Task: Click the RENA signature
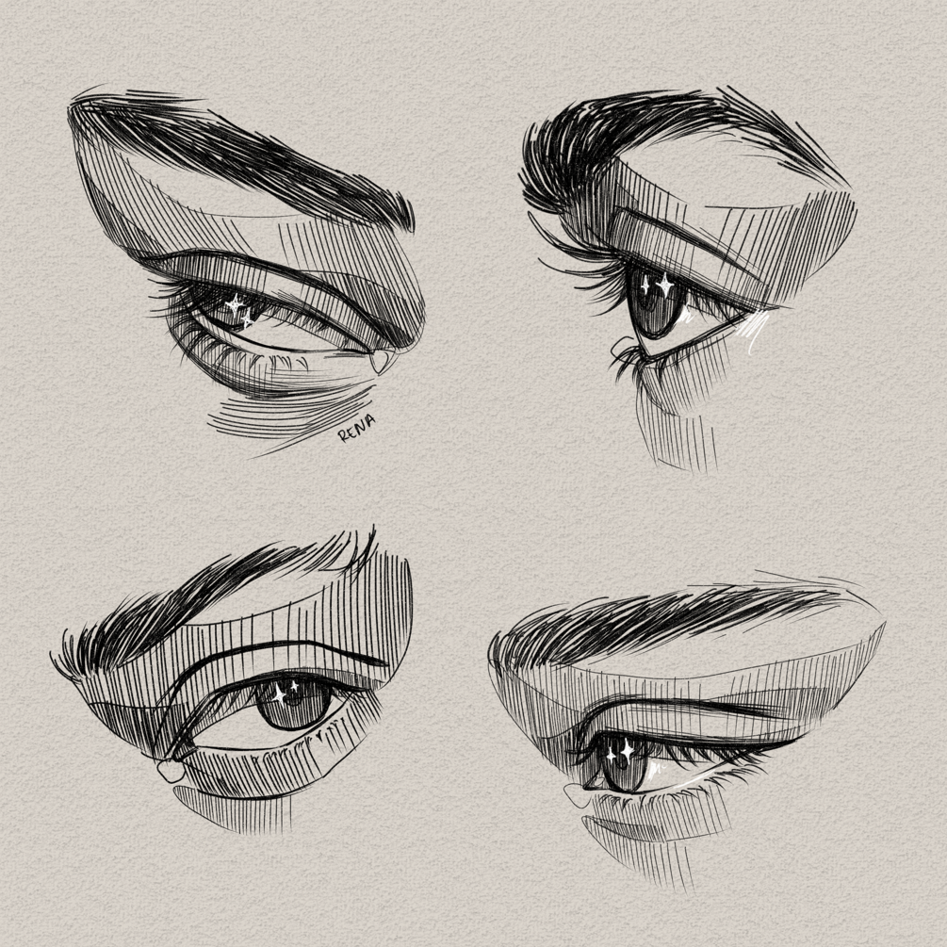click(357, 428)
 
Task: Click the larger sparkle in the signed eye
click(235, 304)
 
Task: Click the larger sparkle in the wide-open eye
click(278, 694)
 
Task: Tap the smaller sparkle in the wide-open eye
click(294, 686)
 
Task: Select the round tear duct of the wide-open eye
click(171, 771)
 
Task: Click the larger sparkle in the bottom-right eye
click(628, 751)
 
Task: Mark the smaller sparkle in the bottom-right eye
click(611, 755)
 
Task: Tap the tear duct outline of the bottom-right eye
click(577, 796)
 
